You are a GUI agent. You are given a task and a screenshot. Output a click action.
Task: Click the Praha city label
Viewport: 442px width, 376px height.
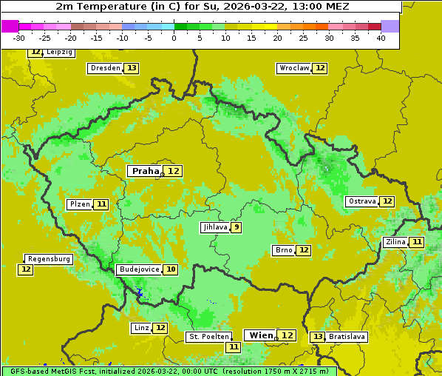[145, 171]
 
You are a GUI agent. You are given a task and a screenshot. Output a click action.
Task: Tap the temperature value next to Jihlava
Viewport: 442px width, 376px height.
[237, 227]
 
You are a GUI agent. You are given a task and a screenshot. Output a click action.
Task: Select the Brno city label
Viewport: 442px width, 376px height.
[283, 250]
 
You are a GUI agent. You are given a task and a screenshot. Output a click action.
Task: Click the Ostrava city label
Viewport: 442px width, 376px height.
[362, 201]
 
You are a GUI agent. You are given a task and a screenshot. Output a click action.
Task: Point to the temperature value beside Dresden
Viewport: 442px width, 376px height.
[132, 68]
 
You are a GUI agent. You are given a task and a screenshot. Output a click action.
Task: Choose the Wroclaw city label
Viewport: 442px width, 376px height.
[293, 68]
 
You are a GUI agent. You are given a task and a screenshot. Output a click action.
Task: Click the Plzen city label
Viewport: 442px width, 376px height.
[80, 204]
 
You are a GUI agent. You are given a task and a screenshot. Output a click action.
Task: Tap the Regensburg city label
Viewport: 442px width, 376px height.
[49, 259]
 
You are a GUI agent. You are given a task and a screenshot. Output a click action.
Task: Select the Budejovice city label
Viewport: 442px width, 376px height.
[139, 269]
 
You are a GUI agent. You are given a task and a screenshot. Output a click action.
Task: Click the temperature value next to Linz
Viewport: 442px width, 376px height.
[160, 328]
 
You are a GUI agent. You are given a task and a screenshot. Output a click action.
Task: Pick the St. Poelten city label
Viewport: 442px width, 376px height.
[208, 337]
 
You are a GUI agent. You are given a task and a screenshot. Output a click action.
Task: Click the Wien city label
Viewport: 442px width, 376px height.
[260, 335]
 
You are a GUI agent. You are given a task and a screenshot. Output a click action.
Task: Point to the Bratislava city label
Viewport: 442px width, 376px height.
[347, 337]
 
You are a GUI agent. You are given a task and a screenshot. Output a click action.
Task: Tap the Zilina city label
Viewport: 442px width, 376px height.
[396, 242]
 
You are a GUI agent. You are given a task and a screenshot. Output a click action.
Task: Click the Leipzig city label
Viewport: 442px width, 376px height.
[59, 53]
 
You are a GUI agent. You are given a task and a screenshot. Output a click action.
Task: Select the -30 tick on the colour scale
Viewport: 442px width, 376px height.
[19, 38]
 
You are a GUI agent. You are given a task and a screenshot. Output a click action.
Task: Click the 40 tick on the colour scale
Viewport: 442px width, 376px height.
[381, 38]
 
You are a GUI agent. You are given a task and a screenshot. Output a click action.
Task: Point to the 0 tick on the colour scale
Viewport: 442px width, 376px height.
[174, 38]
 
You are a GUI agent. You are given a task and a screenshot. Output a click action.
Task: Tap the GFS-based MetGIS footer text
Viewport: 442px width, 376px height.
[52, 371]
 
